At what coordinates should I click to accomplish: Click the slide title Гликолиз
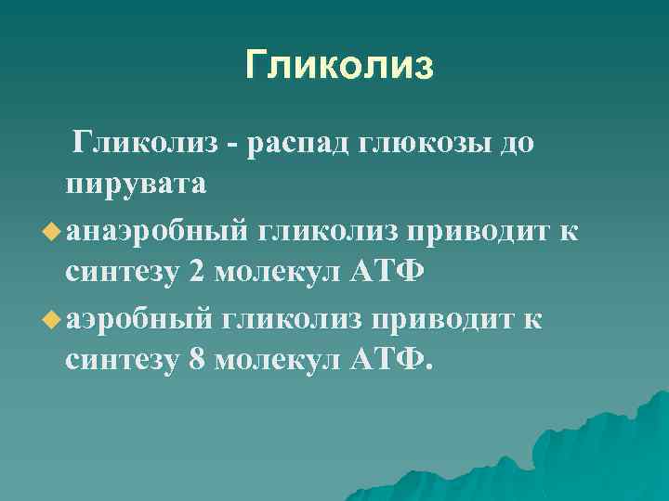click(x=339, y=66)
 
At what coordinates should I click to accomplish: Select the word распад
click(x=311, y=144)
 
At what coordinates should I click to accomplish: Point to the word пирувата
click(x=136, y=185)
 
